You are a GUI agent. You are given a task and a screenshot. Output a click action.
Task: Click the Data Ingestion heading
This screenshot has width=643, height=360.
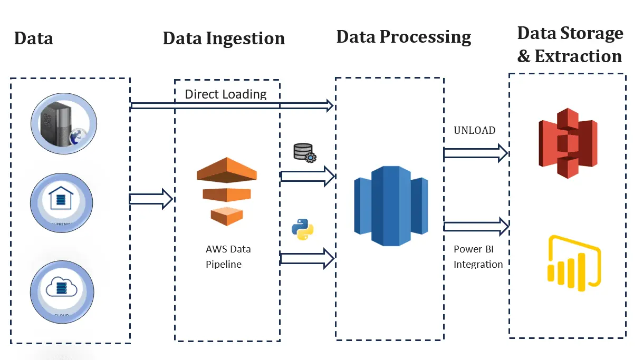(x=224, y=38)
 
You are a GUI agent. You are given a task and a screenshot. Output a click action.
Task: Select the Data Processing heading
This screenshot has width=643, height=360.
(x=404, y=37)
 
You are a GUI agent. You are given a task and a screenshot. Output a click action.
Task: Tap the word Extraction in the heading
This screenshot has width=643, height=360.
(x=578, y=56)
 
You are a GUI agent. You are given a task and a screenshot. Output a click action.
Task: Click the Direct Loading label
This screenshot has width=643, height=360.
(x=226, y=94)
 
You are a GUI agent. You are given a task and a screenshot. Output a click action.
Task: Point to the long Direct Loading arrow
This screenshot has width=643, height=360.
(x=232, y=106)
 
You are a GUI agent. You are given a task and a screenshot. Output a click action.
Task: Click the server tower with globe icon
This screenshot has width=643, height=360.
(x=64, y=123)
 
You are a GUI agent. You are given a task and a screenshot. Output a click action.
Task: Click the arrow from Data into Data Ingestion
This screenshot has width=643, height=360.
(x=151, y=199)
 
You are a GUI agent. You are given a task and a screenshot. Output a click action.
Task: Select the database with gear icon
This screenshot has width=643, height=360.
(x=304, y=153)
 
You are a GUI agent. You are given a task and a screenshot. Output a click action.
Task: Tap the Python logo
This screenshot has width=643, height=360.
(x=302, y=230)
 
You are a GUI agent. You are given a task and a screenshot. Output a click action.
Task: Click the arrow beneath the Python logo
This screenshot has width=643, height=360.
(x=308, y=258)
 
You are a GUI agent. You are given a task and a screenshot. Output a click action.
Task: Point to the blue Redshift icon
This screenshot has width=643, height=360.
(x=390, y=206)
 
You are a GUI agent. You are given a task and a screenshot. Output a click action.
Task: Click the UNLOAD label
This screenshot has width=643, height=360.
(x=474, y=130)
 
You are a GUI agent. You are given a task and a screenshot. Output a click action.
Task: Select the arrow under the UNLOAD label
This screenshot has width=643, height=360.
(x=475, y=153)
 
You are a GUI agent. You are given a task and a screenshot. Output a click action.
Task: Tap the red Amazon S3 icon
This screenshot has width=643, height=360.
(x=568, y=143)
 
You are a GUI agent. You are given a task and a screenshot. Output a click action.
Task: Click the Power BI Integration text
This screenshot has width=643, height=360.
(x=478, y=257)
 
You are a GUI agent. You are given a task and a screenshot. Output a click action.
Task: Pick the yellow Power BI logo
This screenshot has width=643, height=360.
(x=575, y=261)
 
